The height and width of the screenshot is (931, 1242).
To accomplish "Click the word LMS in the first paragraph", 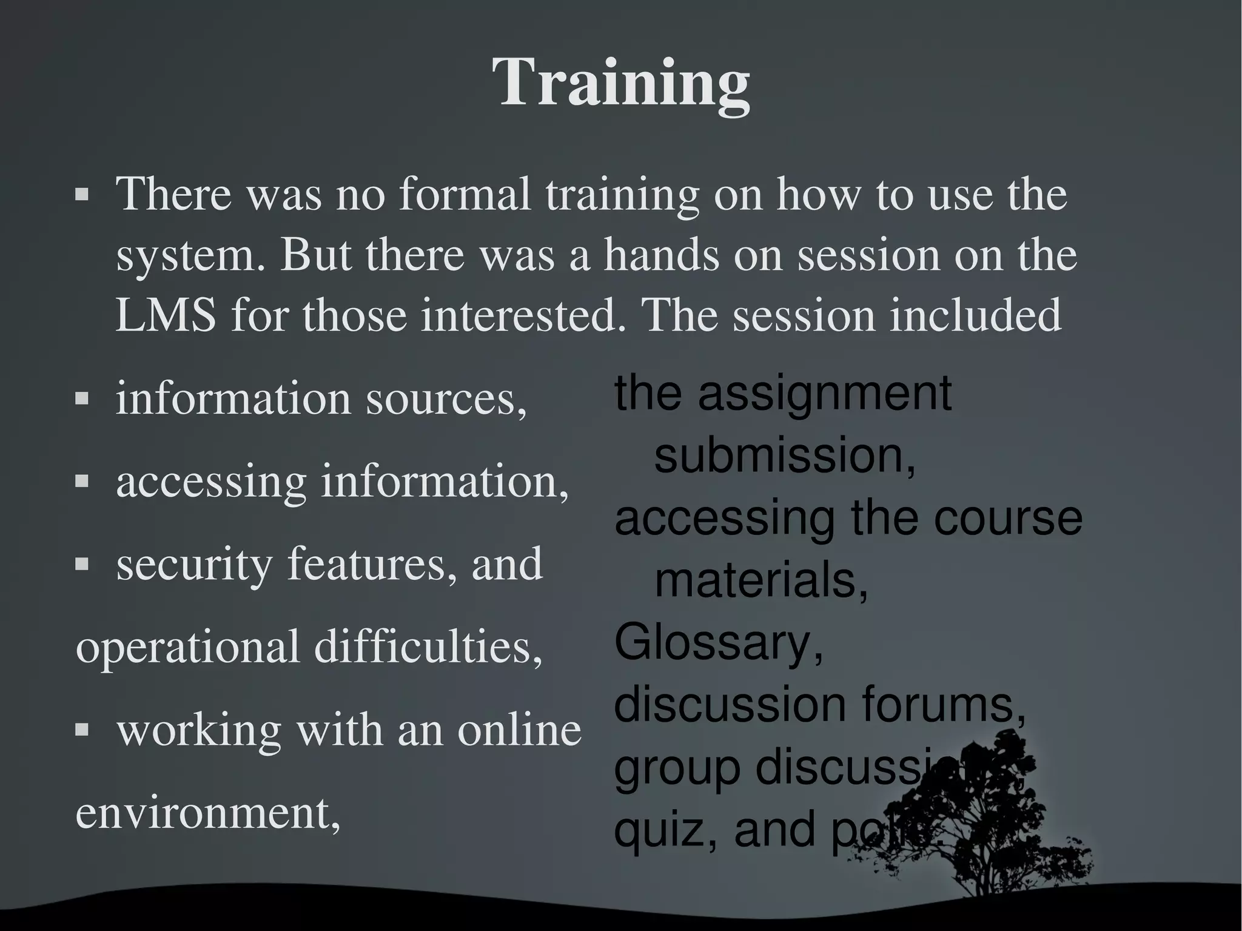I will point(165,315).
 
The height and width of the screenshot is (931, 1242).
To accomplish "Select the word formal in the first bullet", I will point(465,194).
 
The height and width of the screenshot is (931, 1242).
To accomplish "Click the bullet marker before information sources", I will point(82,398).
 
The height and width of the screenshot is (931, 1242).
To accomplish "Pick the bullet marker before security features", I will point(82,565).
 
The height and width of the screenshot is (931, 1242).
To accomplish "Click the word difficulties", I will point(428,647).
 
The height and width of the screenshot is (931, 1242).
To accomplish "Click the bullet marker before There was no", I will point(82,195).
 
